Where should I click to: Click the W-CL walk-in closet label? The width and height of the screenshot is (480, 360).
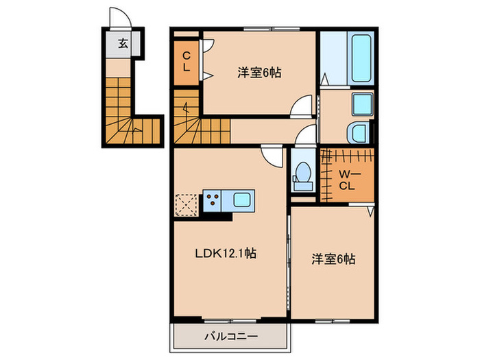tap(346, 176)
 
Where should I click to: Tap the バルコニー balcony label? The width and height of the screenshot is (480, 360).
tap(229, 337)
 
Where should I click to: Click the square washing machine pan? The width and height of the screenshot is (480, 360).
tap(362, 105)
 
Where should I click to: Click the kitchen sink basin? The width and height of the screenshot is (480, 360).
tap(243, 201)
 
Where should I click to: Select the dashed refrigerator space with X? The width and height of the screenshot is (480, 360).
tap(187, 204)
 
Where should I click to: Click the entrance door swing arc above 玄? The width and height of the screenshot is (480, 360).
tap(117, 18)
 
